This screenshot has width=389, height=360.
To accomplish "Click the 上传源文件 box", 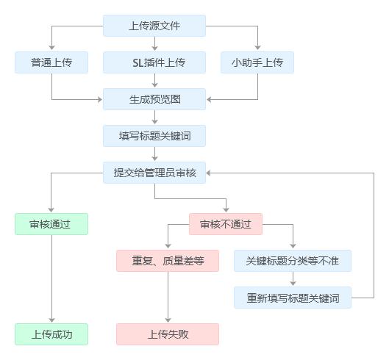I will pos(154,26).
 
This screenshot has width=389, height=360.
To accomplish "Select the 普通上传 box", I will pos(51,62).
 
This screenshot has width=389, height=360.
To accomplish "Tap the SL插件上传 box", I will pos(154,62).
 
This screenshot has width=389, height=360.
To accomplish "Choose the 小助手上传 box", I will pos(257,62).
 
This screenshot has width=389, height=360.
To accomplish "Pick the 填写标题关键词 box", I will pos(154,136).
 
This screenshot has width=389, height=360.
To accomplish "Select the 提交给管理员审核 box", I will pos(154,173).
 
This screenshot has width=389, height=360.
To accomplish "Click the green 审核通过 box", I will pos(51,224).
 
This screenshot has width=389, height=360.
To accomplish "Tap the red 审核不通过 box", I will pos(226,224).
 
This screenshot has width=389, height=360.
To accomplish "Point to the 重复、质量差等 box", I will pos(168,261).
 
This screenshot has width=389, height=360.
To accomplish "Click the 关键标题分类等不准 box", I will pos(293,261).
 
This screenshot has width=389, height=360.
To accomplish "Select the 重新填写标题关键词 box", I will pos(293,298).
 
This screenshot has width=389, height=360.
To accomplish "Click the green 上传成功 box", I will pos(51,334).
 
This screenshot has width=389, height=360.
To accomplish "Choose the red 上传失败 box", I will pos(168,334).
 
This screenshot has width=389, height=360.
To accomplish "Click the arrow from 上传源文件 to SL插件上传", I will pos(154,44).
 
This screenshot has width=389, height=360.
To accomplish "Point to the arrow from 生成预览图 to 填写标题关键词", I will pos(154,118).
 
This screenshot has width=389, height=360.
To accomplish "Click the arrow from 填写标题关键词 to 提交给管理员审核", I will pos(154,154).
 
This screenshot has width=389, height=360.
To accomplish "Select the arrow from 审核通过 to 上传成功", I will pos(51,279).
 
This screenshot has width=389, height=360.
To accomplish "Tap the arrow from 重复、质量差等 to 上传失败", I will pos(168,298).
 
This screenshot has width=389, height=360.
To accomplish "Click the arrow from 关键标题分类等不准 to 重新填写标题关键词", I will pos(293,279).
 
